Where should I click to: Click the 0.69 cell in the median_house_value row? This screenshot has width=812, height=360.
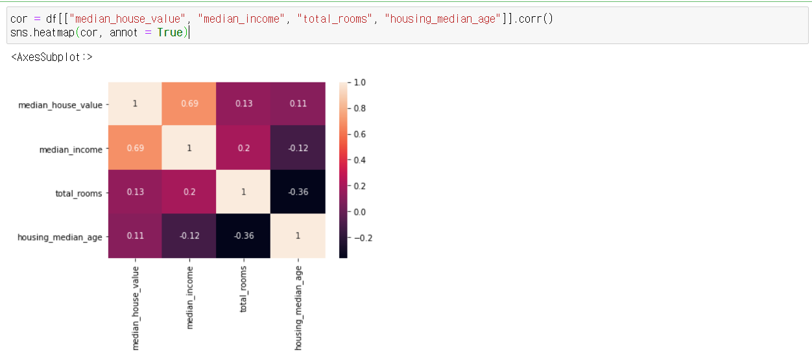point(189,104)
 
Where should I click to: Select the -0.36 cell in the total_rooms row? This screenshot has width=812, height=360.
point(298,192)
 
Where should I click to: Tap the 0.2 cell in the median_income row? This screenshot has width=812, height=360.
point(244,148)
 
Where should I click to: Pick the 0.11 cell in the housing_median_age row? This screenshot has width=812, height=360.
point(135,236)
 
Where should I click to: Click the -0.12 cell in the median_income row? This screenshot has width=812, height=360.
point(298,148)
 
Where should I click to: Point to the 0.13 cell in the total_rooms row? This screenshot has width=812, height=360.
point(135,192)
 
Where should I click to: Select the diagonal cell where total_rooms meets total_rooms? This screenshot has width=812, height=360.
point(244,192)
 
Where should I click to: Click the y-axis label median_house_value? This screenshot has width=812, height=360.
point(60,105)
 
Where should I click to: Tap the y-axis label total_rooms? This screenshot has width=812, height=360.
point(78,193)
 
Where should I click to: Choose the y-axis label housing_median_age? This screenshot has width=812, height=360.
point(60,237)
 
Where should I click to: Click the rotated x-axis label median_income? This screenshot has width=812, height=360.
point(190,296)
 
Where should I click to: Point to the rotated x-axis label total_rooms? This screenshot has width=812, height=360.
point(244,289)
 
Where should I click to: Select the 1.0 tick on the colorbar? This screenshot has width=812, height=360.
point(359,82)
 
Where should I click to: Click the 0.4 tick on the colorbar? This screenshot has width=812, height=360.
point(359,160)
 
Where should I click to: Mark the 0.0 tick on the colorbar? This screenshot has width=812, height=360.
point(359,211)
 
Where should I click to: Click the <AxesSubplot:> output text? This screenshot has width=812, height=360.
point(52,57)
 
